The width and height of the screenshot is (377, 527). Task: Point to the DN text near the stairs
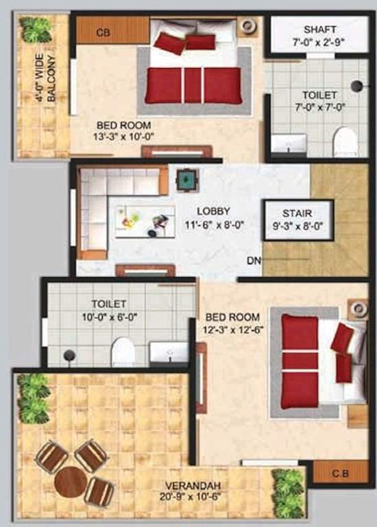click(x=254, y=261)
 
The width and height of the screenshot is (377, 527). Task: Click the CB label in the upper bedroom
click(x=104, y=32)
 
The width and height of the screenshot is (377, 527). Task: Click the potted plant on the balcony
click(x=36, y=29)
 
